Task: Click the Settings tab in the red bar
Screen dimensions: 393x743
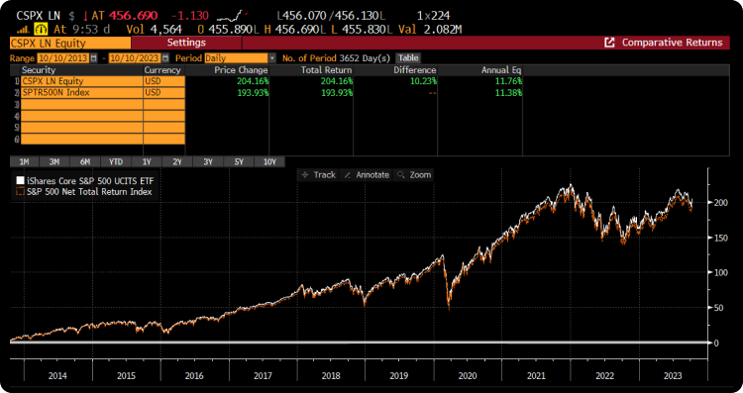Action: coord(186,43)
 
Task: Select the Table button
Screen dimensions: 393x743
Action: coord(408,57)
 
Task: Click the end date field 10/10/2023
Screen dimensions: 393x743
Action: coord(133,57)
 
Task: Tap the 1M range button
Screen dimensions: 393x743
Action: coord(23,161)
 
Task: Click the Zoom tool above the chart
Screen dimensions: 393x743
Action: coord(415,174)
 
